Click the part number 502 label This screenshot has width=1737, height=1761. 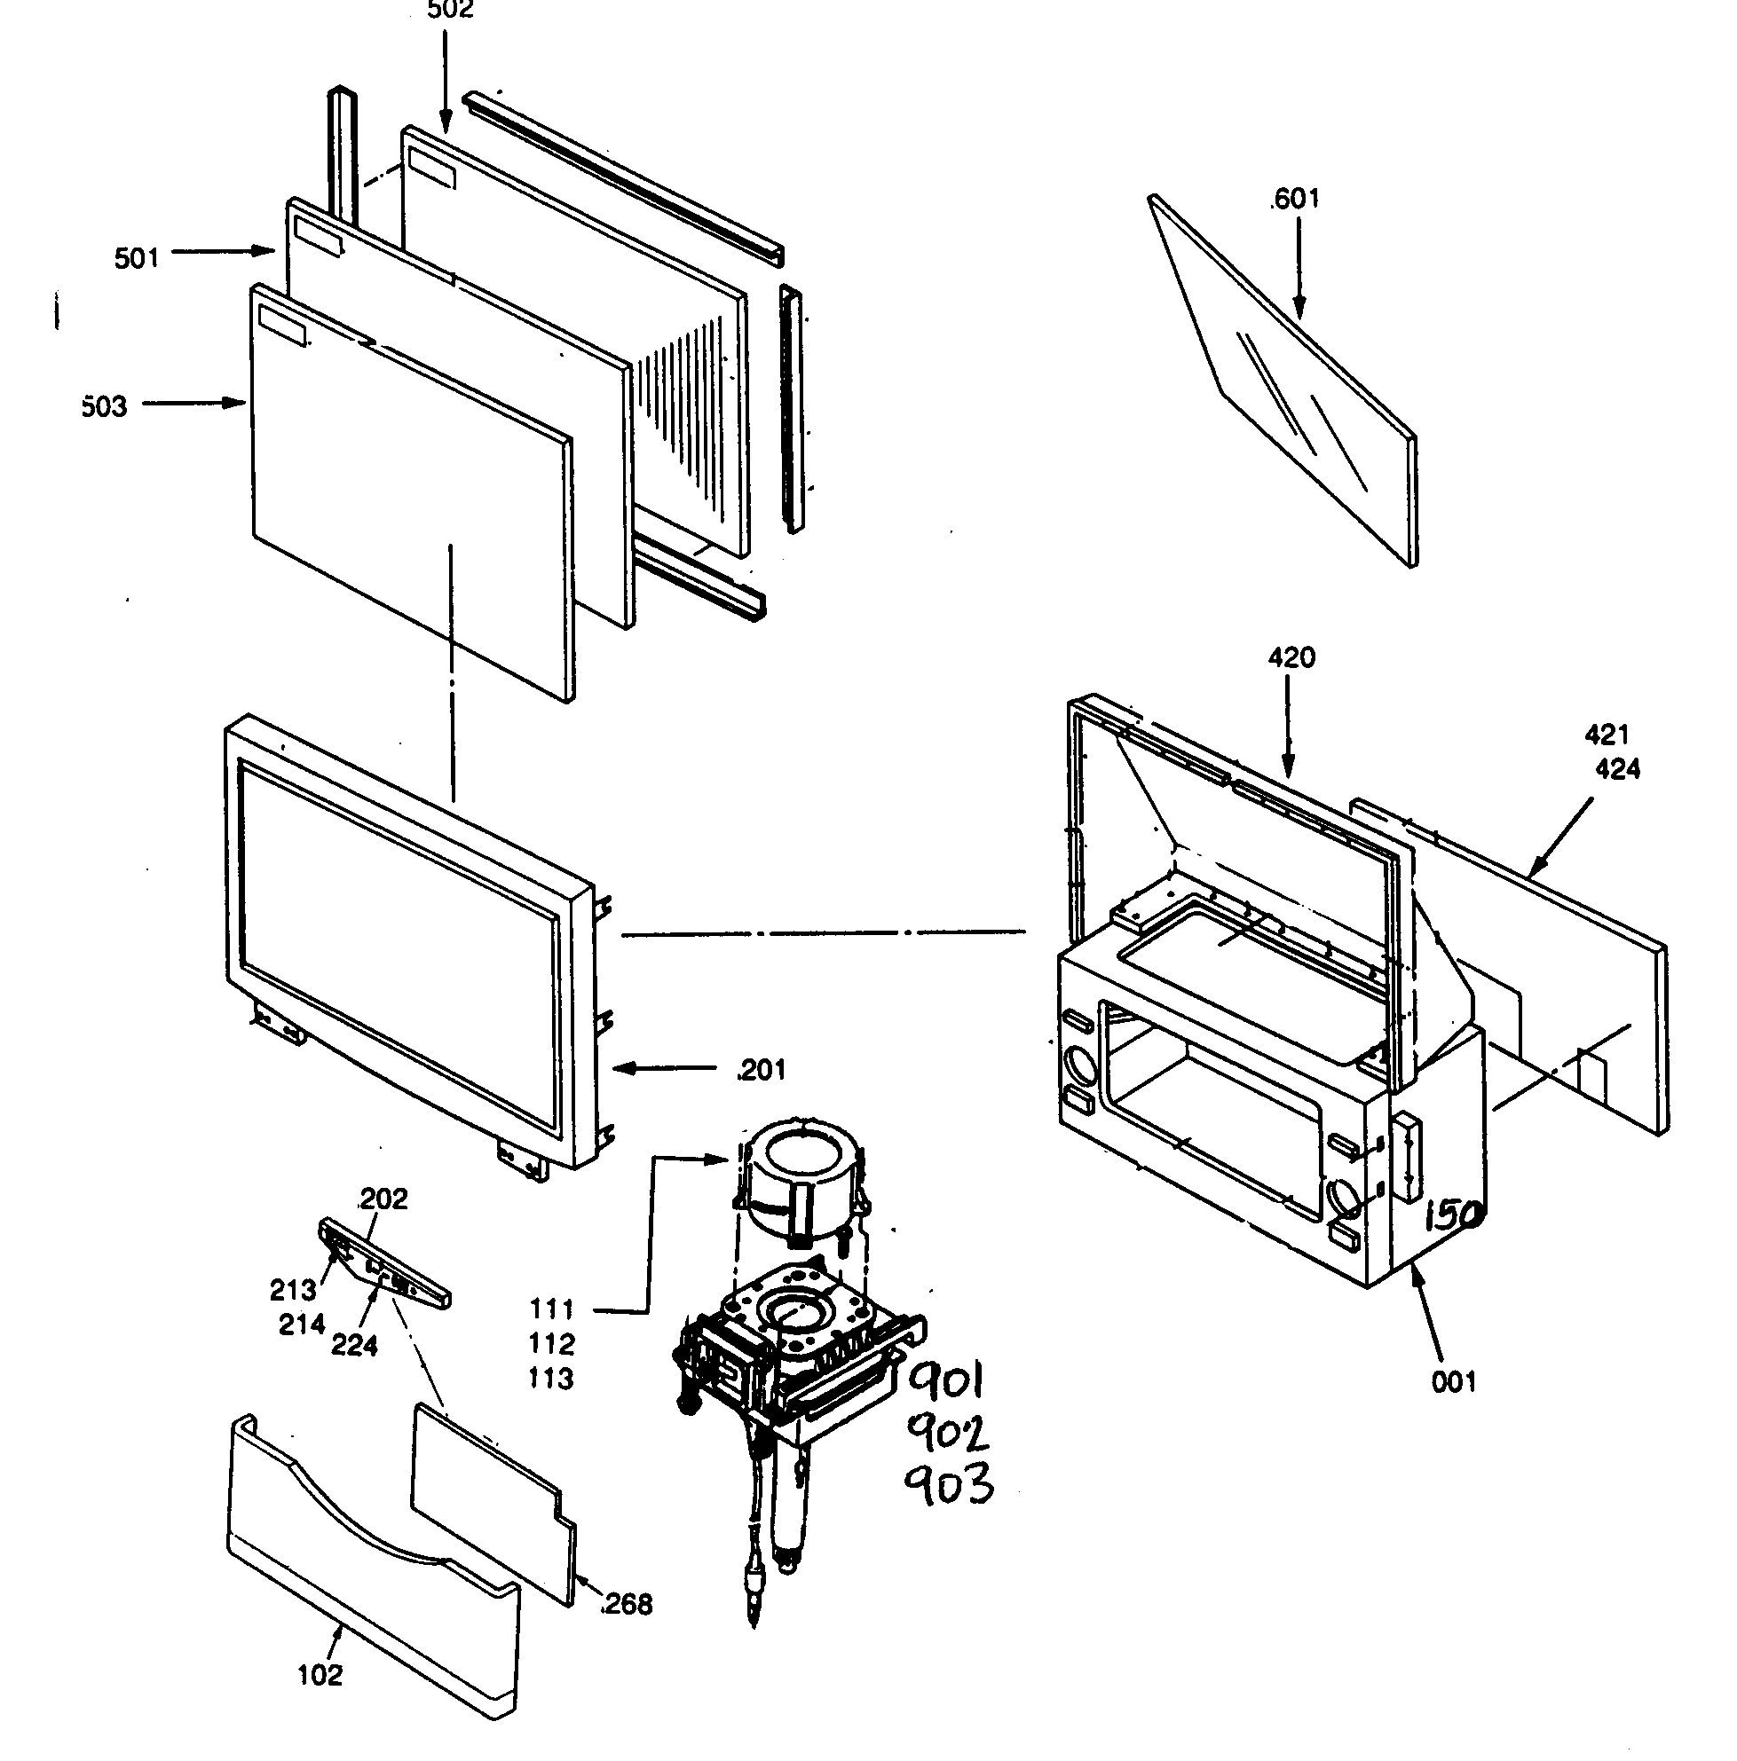point(449,11)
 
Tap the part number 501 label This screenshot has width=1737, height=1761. point(137,259)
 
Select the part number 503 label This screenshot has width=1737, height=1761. point(104,406)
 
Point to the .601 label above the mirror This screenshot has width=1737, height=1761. point(1294,199)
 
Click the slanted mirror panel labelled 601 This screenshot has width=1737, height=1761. point(1295,392)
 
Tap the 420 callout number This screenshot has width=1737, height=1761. point(1291,657)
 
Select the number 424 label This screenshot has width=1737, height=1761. point(1617,768)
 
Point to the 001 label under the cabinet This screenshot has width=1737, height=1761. point(1454,1382)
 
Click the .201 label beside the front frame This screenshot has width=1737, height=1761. point(761,1069)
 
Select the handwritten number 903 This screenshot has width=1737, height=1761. point(947,1487)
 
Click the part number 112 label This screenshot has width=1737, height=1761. point(552,1343)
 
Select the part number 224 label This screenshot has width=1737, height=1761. point(354,1345)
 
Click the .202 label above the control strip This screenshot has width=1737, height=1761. point(383,1198)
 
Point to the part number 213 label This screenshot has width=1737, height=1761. point(293,1290)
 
